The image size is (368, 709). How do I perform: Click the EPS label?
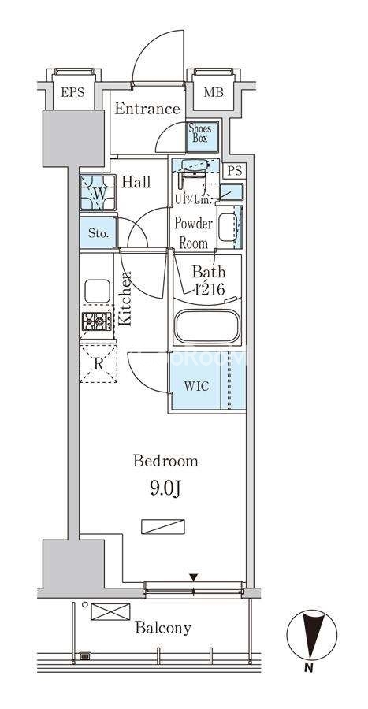(72, 93)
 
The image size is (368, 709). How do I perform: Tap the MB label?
(213, 93)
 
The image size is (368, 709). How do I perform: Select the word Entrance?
(147, 109)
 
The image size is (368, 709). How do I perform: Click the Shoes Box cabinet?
(203, 136)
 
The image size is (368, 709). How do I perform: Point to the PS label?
(235, 171)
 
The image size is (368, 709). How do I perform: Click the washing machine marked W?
(98, 193)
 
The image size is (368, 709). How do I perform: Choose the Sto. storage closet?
(98, 233)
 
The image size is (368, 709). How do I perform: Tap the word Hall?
(136, 183)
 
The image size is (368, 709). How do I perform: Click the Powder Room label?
(194, 233)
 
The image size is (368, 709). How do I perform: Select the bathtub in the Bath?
(207, 326)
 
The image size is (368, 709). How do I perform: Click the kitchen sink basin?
(97, 291)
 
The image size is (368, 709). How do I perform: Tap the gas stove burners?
(97, 321)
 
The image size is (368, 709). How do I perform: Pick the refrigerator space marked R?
(99, 363)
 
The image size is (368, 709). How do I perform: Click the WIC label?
(196, 386)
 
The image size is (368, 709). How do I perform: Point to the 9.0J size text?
(165, 489)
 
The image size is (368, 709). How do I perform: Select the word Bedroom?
(165, 461)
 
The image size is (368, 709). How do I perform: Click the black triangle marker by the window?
(194, 577)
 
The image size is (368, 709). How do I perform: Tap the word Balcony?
(163, 628)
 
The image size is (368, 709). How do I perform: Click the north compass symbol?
(312, 634)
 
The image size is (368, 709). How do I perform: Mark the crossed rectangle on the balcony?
(111, 612)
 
